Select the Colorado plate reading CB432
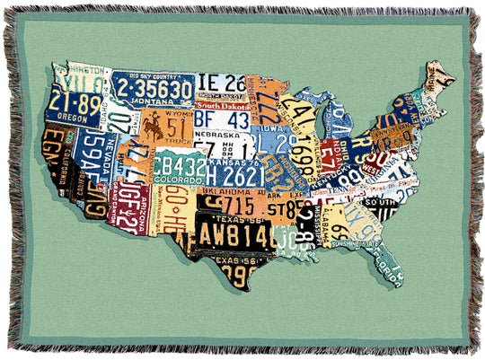pos(179,167)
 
